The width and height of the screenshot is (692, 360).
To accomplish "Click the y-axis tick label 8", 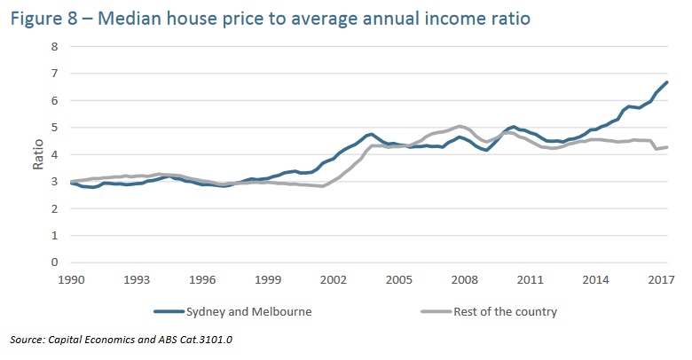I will [54, 46].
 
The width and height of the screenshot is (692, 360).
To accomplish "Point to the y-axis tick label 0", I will [54, 262].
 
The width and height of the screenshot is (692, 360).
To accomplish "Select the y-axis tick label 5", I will [54, 128].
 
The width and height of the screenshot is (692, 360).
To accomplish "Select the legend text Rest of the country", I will [505, 311].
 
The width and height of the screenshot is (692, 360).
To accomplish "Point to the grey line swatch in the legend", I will [433, 311].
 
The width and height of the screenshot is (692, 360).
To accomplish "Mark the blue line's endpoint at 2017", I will [666, 82].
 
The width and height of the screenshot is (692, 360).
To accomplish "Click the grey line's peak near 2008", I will [459, 126].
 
